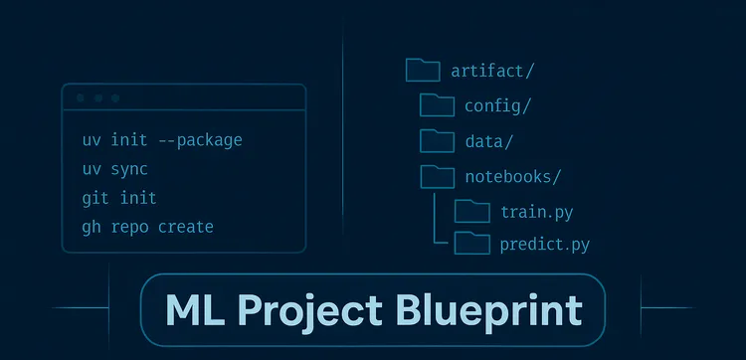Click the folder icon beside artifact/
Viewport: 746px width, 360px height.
coord(423,70)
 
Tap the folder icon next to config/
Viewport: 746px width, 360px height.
coord(437,104)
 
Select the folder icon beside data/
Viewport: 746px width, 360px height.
coord(437,140)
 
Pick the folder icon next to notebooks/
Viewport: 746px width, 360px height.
coord(437,176)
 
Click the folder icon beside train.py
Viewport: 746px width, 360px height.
coord(471,211)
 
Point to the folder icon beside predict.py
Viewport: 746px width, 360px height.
coord(471,244)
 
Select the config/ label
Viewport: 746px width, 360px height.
coord(498,105)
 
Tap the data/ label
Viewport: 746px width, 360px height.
coord(489,141)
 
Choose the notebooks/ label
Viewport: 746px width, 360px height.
coord(513,177)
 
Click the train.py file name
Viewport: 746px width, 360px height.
coord(536,212)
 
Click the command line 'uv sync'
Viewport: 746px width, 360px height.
coord(115,169)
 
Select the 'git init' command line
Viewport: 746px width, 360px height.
coord(119,198)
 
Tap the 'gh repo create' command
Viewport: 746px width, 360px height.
coord(148,227)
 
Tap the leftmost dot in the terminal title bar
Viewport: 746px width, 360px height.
coord(80,98)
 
